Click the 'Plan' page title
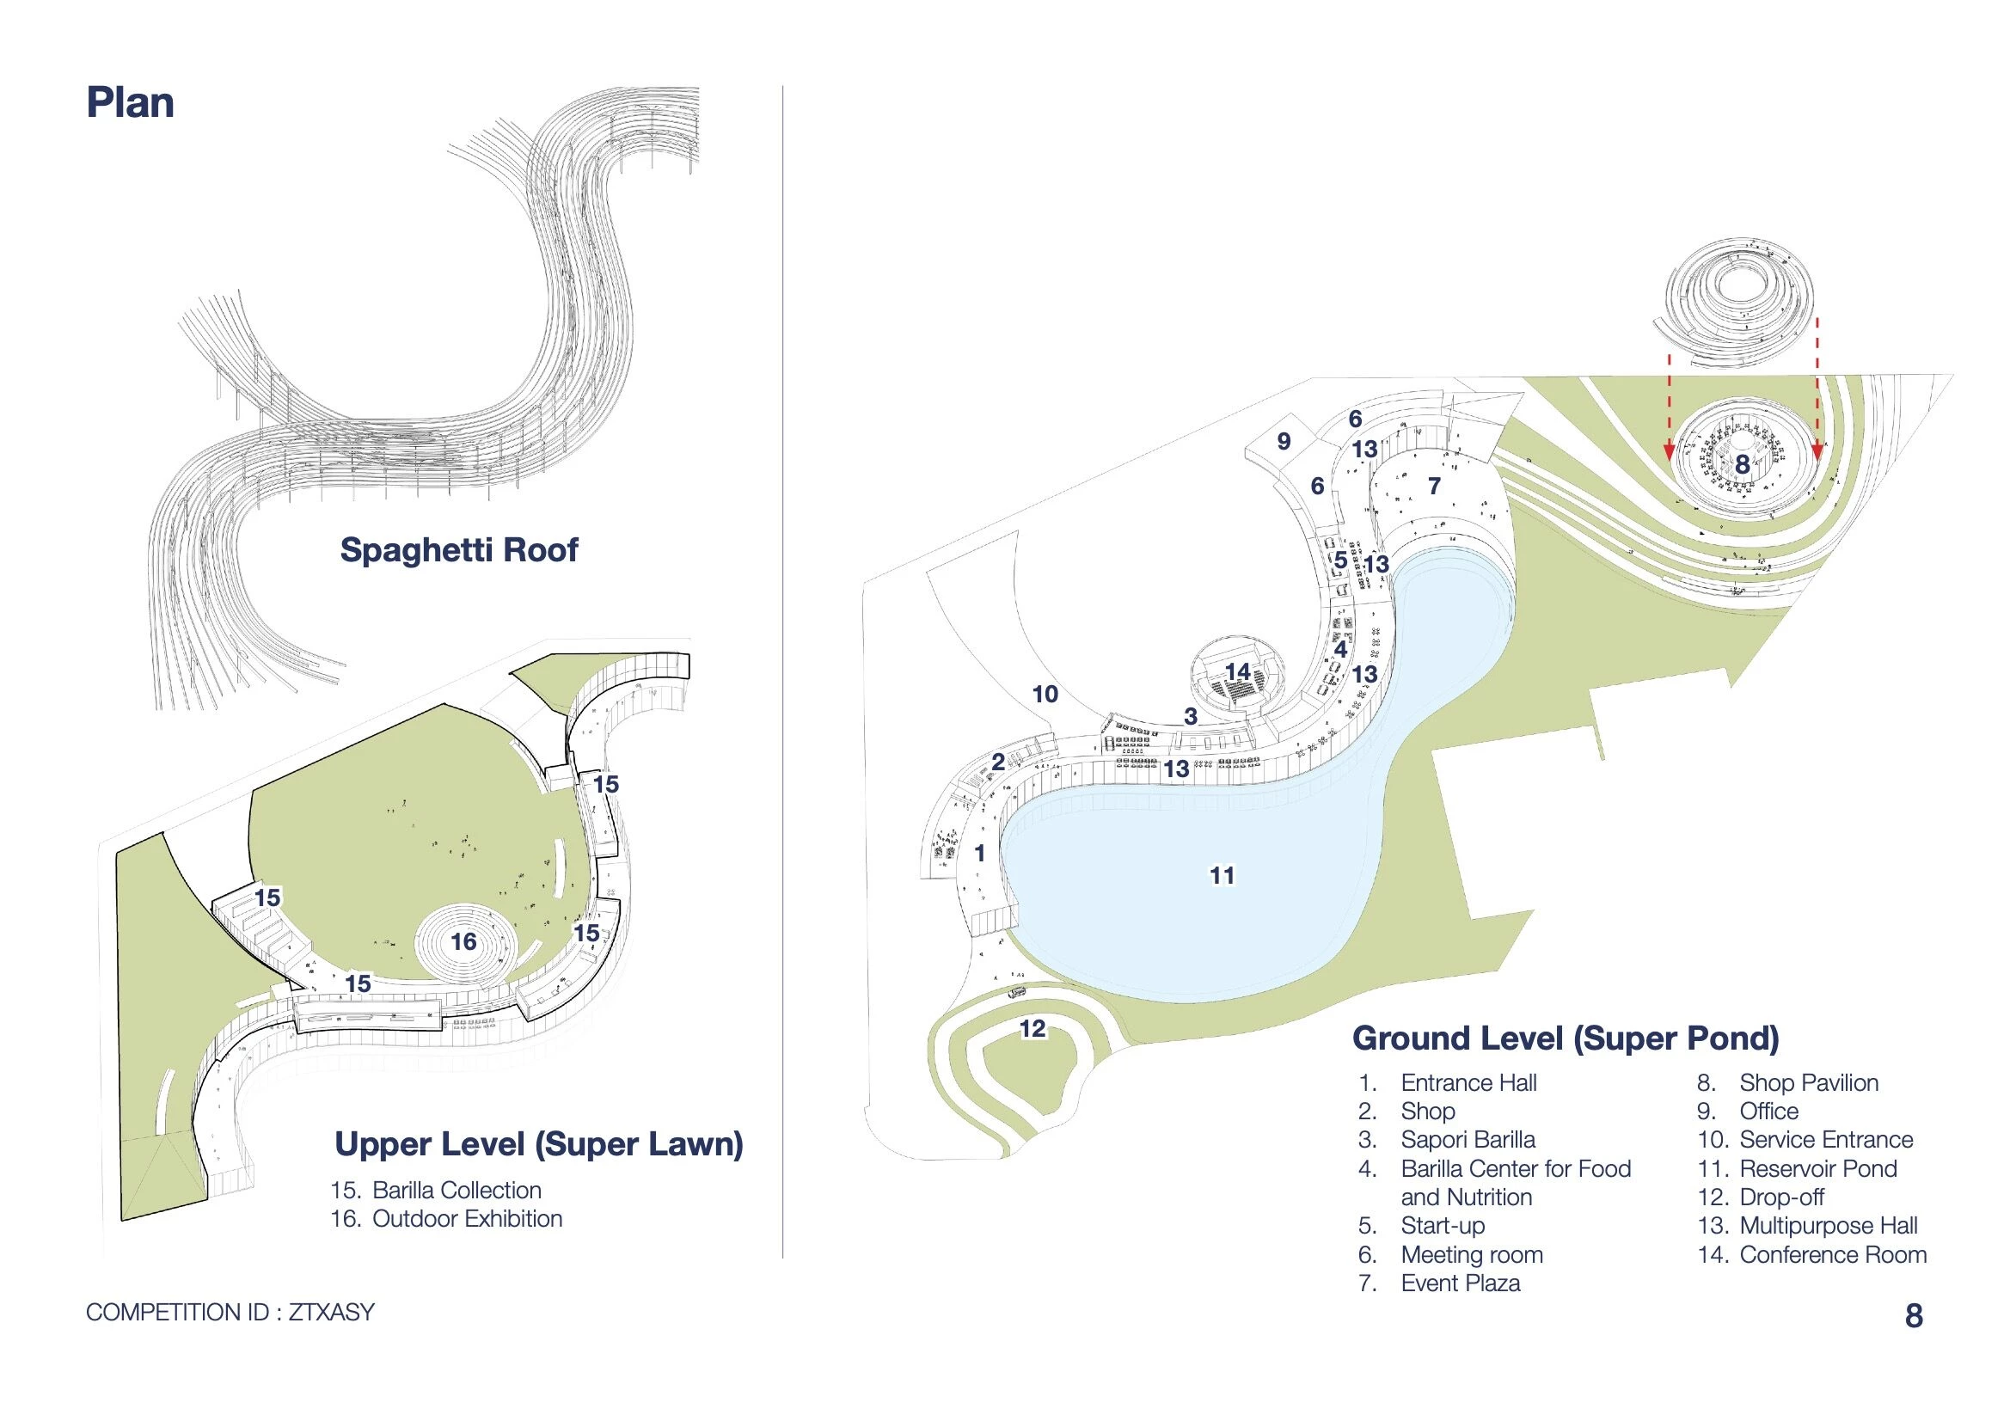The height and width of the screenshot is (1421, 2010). [x=130, y=102]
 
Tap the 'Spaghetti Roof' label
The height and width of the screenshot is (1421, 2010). [x=459, y=550]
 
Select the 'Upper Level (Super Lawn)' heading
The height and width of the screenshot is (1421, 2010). [x=538, y=1143]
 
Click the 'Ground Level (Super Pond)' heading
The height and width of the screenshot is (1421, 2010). [x=1566, y=1038]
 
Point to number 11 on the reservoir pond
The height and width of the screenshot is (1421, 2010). [x=1223, y=874]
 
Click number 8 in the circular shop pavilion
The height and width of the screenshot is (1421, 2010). [x=1742, y=464]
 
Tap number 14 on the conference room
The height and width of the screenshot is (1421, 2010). [x=1238, y=671]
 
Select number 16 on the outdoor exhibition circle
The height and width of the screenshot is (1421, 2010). [x=464, y=941]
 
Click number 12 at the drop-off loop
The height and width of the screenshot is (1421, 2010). [x=1033, y=1028]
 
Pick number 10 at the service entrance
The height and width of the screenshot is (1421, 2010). [x=1045, y=695]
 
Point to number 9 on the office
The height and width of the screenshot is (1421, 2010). [x=1284, y=441]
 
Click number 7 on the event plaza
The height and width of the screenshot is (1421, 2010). [x=1434, y=486]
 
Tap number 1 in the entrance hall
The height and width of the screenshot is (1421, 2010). [x=979, y=853]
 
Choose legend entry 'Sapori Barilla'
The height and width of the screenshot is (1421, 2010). [x=1468, y=1139]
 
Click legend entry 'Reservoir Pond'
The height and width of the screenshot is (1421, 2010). [x=1817, y=1168]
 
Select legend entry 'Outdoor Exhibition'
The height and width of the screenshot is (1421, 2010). [x=467, y=1218]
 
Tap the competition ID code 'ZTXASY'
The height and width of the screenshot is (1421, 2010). [x=331, y=1312]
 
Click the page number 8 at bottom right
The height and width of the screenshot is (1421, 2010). [x=1914, y=1316]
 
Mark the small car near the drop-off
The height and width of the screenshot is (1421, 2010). [x=1017, y=993]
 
